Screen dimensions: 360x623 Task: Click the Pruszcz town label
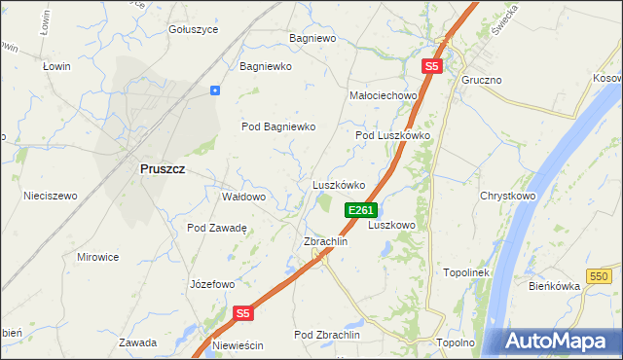(x=163, y=168)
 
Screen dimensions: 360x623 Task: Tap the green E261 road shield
(x=360, y=210)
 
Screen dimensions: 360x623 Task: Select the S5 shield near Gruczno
(x=432, y=67)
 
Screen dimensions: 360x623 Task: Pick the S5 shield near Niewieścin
(x=243, y=313)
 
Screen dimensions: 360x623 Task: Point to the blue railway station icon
(x=215, y=90)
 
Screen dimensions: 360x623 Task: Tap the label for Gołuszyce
(x=193, y=29)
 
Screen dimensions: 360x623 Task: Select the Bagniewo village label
(x=311, y=39)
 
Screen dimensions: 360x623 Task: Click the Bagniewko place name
(x=266, y=67)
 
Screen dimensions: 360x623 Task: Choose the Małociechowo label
(x=383, y=96)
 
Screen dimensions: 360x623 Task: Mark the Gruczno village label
(x=482, y=80)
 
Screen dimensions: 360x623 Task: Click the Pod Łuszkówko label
(x=392, y=136)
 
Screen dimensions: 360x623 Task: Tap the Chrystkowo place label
(x=508, y=196)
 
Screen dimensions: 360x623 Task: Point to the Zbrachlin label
(x=326, y=241)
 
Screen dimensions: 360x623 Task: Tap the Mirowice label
(x=97, y=257)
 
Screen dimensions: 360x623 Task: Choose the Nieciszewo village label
(x=51, y=196)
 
